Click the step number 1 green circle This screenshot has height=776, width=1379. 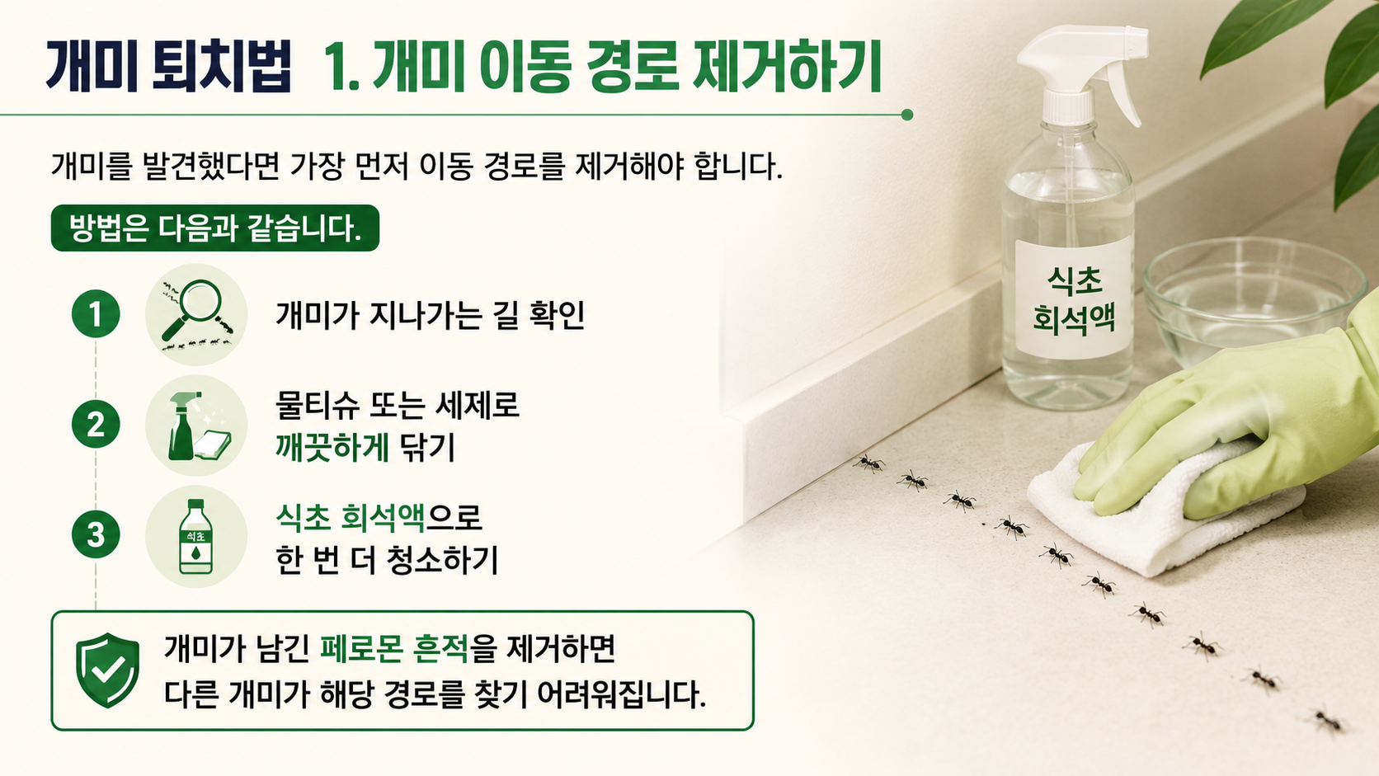(x=96, y=314)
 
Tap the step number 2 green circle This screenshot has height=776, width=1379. (x=96, y=424)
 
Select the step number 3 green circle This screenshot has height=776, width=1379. (x=96, y=534)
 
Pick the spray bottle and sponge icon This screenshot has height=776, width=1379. (x=195, y=426)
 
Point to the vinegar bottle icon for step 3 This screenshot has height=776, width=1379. (x=195, y=537)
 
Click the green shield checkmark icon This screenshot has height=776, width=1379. (x=107, y=670)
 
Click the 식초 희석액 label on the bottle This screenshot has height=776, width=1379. (x=1074, y=299)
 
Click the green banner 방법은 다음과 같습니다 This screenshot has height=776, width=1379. (x=215, y=228)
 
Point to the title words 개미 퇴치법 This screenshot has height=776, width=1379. (x=168, y=67)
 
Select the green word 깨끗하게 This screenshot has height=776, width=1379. (x=332, y=447)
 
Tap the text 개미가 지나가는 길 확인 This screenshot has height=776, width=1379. (x=430, y=315)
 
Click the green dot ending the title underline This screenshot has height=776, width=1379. (x=906, y=115)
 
